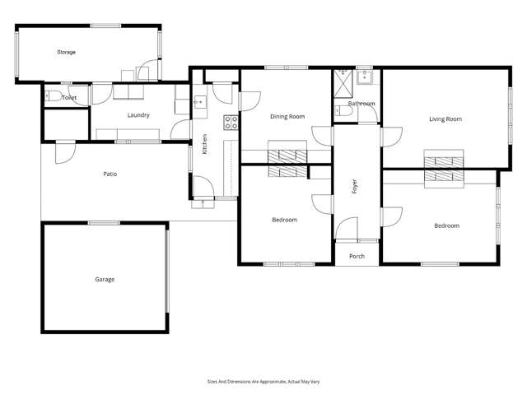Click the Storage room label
(x=66, y=52)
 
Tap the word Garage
(x=105, y=279)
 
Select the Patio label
(x=110, y=174)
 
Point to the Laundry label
(x=138, y=115)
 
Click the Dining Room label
(x=287, y=116)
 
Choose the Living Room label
(x=445, y=118)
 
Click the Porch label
(x=357, y=256)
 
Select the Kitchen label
(x=205, y=146)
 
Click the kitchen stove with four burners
(x=231, y=123)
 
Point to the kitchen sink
(x=200, y=104)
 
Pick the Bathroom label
(x=361, y=104)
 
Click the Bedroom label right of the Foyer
(x=447, y=225)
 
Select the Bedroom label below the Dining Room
(x=284, y=220)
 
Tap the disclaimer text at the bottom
(x=263, y=381)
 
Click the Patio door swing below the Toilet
(x=63, y=151)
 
